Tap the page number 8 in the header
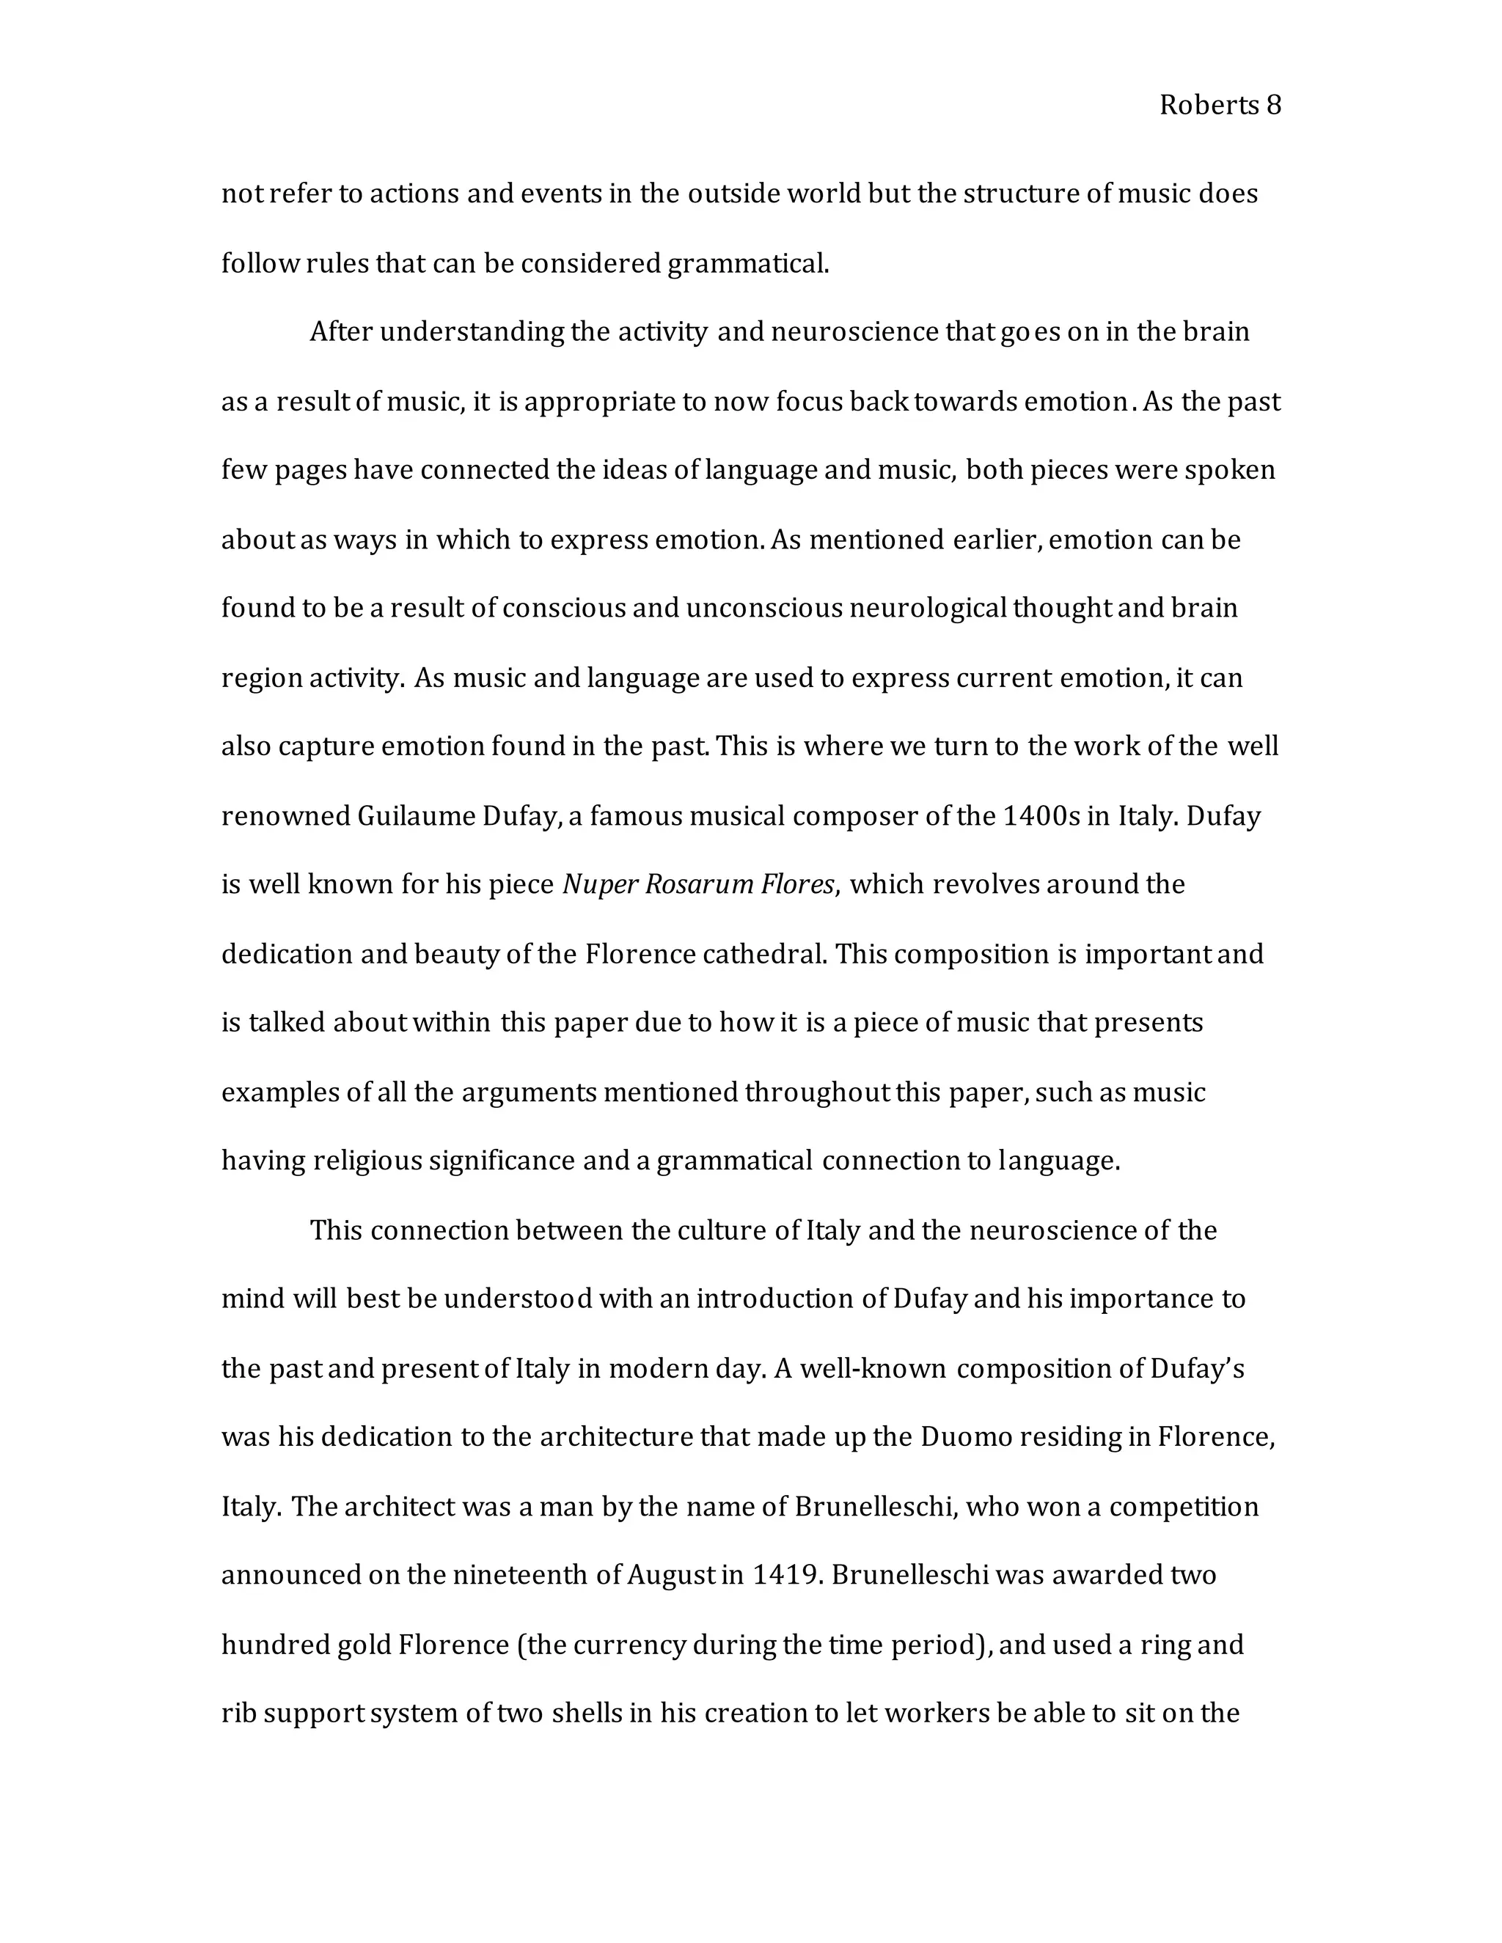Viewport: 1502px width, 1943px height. [x=1273, y=106]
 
